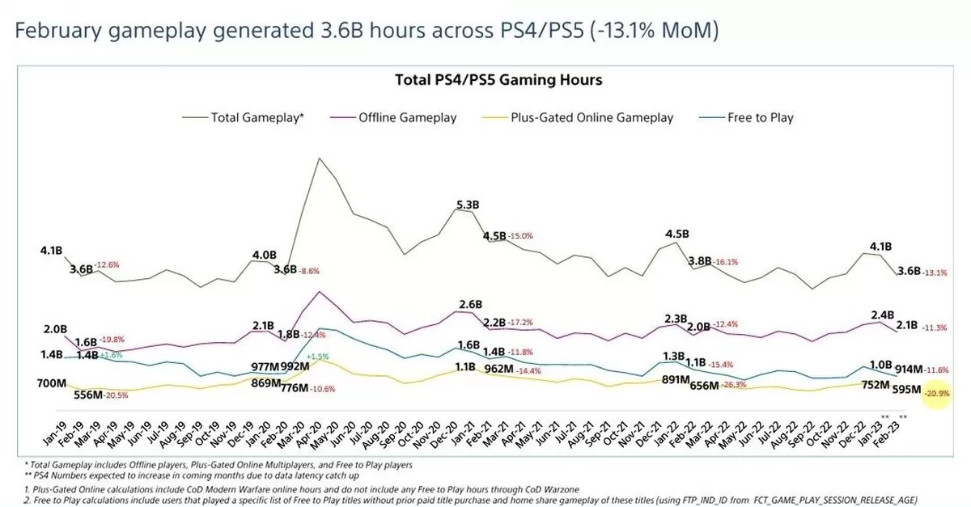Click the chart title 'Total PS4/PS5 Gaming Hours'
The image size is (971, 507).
coord(498,80)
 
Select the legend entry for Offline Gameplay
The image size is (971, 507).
coord(407,117)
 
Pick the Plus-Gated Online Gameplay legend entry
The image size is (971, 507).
coord(592,117)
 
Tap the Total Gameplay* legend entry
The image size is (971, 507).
coord(257,117)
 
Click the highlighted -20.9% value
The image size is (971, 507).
coord(939,393)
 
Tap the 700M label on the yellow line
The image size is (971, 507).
coord(52,382)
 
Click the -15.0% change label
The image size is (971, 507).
coord(523,236)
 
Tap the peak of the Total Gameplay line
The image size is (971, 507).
coord(320,158)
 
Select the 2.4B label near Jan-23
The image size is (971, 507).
coord(882,315)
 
